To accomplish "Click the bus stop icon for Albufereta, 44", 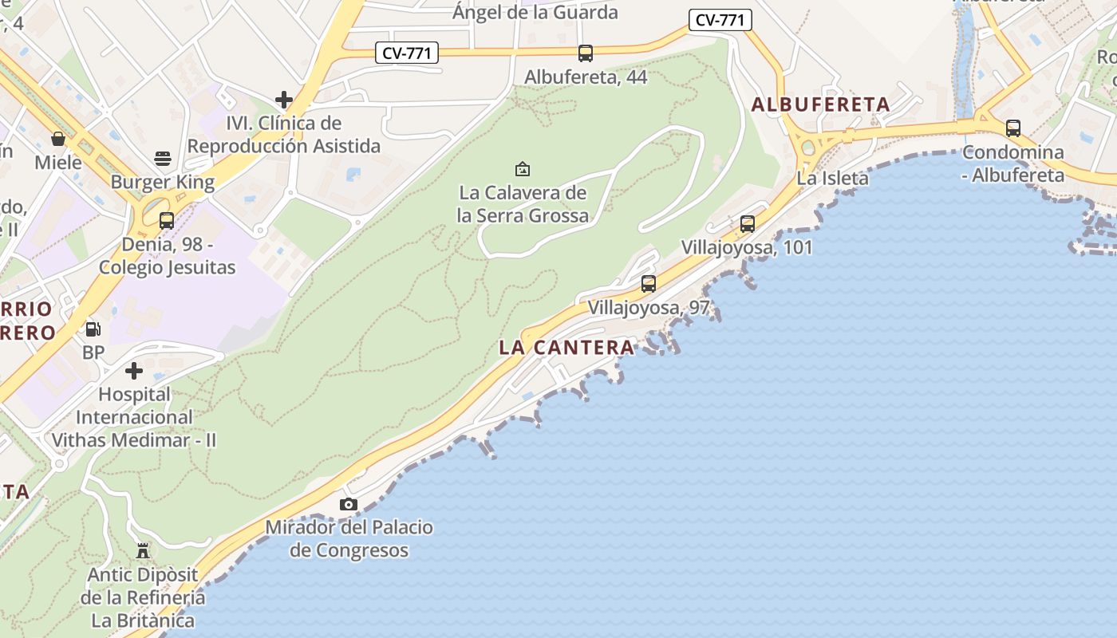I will click(586, 53).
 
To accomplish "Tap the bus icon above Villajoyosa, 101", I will click(748, 224).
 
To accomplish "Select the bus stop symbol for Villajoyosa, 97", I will click(649, 284).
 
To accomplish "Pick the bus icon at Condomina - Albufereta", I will click(1013, 128).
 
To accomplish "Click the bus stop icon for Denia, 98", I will click(167, 221).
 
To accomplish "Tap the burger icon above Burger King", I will click(163, 158).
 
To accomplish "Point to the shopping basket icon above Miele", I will click(58, 139).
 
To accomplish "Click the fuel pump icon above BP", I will click(93, 329).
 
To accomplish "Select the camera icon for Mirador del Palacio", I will click(349, 504).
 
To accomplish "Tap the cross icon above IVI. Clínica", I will click(283, 100).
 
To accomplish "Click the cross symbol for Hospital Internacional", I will click(134, 371).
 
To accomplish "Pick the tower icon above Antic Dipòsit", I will click(143, 550).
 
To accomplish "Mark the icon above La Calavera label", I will click(523, 169).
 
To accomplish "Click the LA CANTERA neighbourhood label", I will click(566, 348).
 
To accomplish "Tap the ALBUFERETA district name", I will click(821, 104).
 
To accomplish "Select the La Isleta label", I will click(832, 178).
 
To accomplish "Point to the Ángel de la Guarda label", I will click(535, 12).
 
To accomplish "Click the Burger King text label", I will click(163, 182).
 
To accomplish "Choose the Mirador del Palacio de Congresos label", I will click(349, 538).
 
